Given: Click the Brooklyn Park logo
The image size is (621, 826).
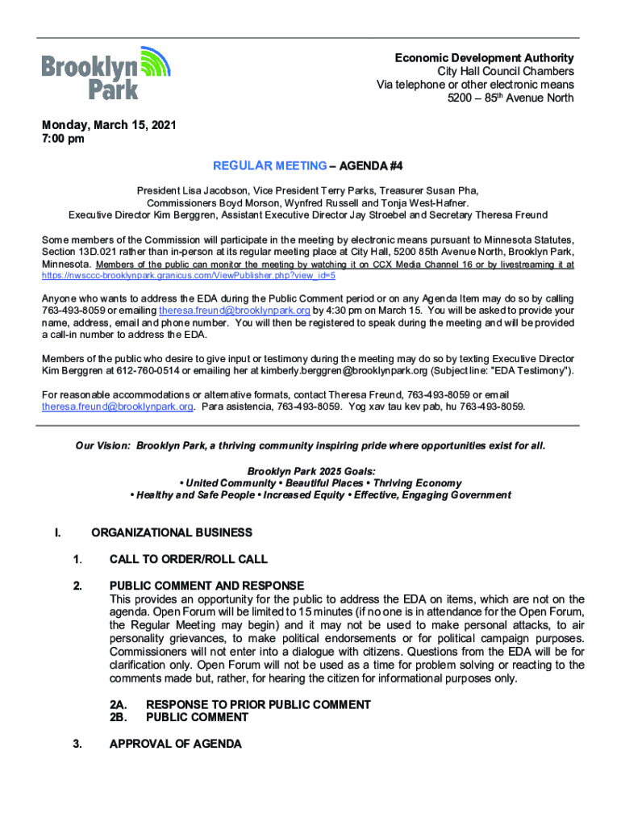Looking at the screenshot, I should pyautogui.click(x=106, y=73).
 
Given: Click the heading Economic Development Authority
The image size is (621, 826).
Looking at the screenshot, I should pyautogui.click(x=484, y=58).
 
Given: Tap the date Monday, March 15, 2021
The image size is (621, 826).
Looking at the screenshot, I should pyautogui.click(x=109, y=126).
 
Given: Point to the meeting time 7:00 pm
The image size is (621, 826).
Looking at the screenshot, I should pyautogui.click(x=63, y=139).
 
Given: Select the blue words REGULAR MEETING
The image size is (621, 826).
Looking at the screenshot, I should pyautogui.click(x=269, y=166).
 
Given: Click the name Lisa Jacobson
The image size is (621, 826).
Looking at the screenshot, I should pyautogui.click(x=214, y=191).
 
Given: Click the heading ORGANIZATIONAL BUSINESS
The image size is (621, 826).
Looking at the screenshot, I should pyautogui.click(x=172, y=532).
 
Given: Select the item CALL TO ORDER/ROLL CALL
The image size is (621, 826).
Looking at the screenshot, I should pyautogui.click(x=189, y=559).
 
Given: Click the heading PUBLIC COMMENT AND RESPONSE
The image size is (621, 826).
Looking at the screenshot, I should pyautogui.click(x=206, y=586).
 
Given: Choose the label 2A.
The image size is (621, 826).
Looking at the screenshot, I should pyautogui.click(x=119, y=705).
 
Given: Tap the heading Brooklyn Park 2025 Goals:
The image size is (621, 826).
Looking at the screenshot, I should pyautogui.click(x=311, y=471).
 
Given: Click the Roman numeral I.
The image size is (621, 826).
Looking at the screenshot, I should pyautogui.click(x=57, y=532).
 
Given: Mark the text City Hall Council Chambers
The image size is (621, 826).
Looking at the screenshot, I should pyautogui.click(x=506, y=72).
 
